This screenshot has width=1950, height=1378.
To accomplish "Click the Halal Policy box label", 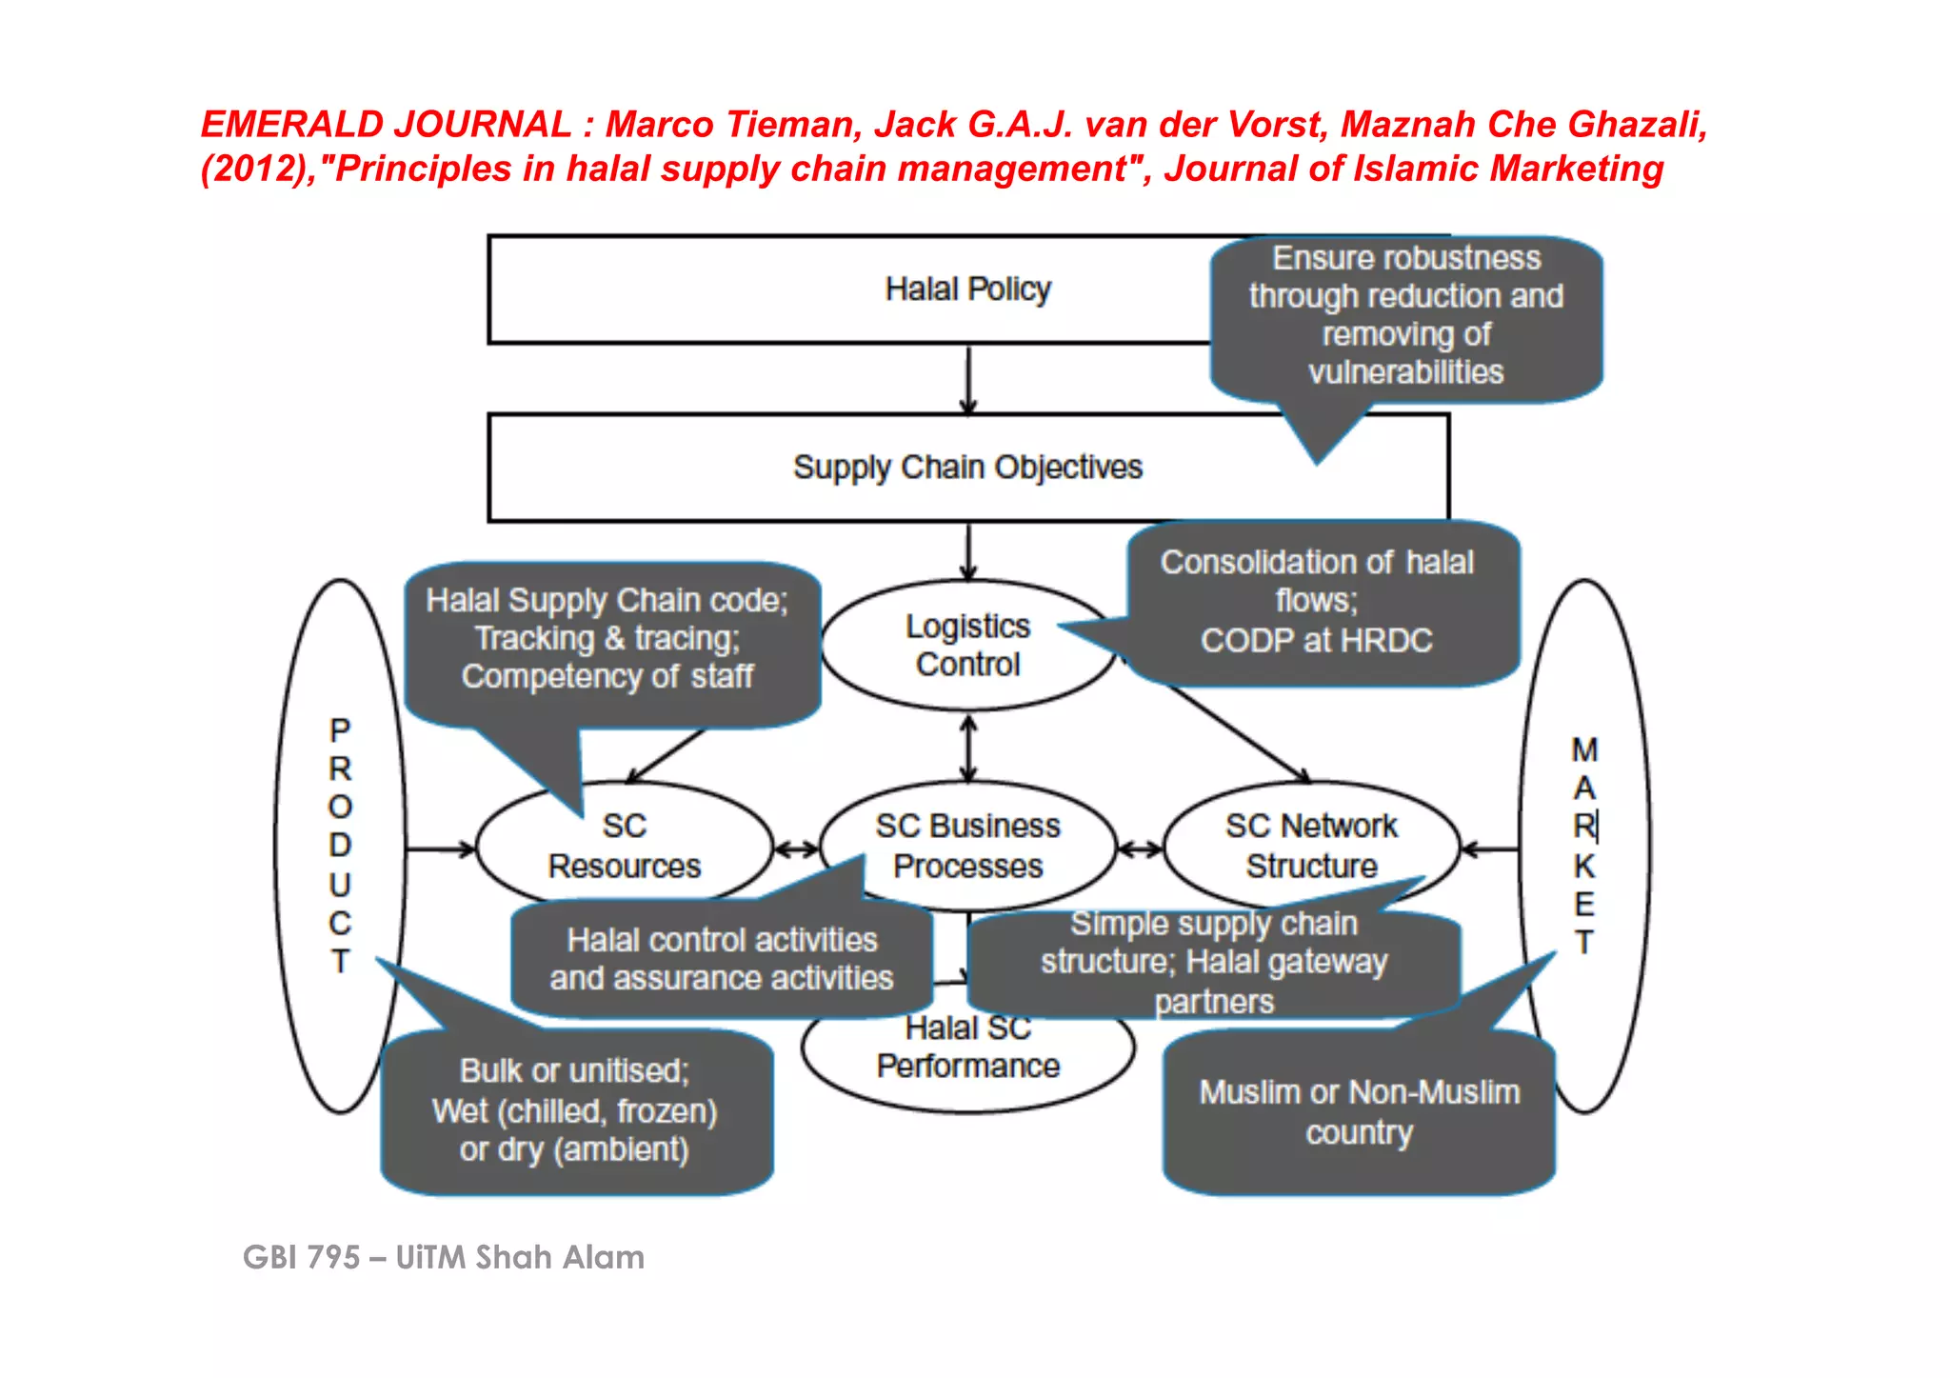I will point(967,289).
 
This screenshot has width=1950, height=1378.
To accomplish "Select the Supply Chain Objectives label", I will point(967,468).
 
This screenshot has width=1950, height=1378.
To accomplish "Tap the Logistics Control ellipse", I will point(967,646).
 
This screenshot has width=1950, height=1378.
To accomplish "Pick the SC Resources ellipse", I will point(625,846).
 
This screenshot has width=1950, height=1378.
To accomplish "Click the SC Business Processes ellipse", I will point(967,846).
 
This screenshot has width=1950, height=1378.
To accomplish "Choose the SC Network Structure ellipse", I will point(1311,846).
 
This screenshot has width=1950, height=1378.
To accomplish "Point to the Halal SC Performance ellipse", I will point(967,1057).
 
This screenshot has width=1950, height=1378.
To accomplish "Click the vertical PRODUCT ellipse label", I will point(340,846).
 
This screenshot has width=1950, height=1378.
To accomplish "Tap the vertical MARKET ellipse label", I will point(1584,846).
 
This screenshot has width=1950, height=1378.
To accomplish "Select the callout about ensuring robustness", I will point(1406,315).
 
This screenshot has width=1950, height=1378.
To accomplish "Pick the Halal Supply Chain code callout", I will point(607,639).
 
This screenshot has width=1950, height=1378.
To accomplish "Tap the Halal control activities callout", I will point(722,960).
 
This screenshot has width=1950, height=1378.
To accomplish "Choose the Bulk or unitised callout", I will point(574,1110).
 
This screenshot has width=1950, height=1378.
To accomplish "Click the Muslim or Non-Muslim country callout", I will point(1360,1112).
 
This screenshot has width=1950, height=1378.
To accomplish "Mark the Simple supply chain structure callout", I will point(1214,963).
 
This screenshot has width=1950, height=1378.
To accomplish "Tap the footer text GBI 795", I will point(302,1258).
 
